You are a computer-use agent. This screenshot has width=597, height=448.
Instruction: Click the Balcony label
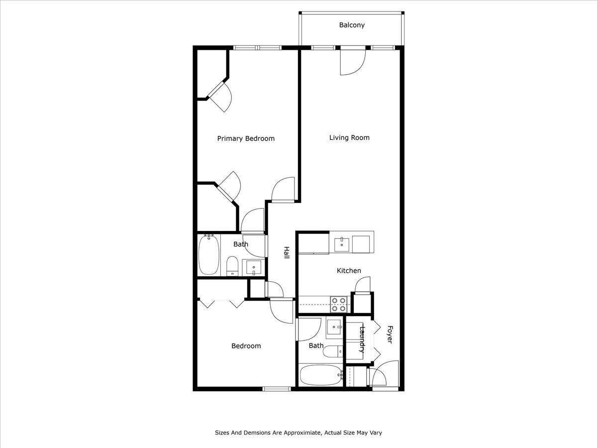[x=352, y=25]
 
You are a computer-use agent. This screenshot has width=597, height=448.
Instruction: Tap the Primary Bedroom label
[x=246, y=139]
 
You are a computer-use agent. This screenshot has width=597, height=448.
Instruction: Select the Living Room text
[x=349, y=138]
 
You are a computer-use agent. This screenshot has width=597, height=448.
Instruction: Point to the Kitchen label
[x=349, y=271]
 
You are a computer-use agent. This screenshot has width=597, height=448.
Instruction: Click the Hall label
[x=287, y=252]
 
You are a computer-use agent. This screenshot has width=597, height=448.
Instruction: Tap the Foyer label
[x=390, y=335]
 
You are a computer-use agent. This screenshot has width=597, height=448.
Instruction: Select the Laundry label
[x=362, y=339]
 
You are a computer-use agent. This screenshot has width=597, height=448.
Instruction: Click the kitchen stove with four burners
[x=339, y=304]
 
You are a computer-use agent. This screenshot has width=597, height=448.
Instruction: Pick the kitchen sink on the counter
[x=342, y=244]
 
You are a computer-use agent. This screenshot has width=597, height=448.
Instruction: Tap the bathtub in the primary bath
[x=208, y=255]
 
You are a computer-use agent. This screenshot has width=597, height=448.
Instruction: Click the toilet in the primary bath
[x=232, y=266]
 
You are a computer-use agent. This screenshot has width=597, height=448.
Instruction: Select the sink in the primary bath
[x=254, y=267]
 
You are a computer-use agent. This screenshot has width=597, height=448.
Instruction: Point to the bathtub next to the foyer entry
[x=321, y=375]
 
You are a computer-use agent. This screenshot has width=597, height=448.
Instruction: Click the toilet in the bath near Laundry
[x=333, y=351]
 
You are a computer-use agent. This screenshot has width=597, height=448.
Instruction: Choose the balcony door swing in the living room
[x=353, y=62]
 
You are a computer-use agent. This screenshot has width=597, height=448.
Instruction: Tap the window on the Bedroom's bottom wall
[x=277, y=389]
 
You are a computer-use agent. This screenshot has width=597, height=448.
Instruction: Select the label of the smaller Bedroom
[x=246, y=346]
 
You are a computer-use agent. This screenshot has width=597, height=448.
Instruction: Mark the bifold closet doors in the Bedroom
[x=222, y=303]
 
